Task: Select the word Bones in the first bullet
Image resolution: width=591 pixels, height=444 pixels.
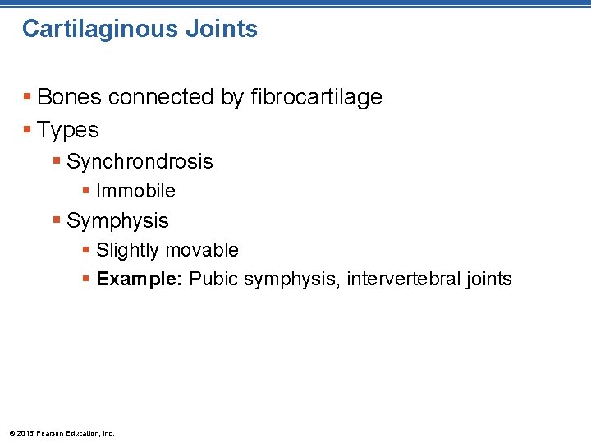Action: (70, 97)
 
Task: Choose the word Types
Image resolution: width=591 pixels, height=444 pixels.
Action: (68, 131)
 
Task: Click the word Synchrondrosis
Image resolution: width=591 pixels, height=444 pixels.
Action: (140, 162)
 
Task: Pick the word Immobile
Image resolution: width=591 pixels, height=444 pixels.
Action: (135, 191)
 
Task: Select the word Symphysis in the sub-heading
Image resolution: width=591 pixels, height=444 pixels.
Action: (117, 220)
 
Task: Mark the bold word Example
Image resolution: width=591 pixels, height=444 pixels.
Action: (135, 279)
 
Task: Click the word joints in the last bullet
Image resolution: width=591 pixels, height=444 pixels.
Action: (488, 279)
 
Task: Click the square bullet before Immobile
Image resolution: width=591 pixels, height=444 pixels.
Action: (86, 191)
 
